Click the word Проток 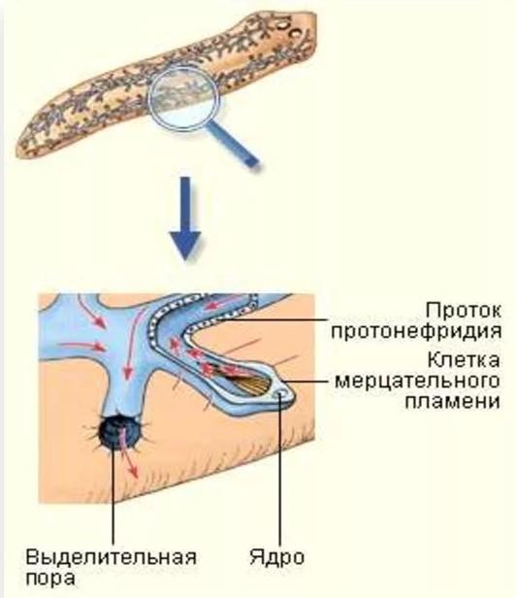pos(464,311)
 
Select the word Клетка pos(464,359)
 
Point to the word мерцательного pos(417,382)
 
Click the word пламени pos(452,402)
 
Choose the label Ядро pos(277,558)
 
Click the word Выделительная pos(111,557)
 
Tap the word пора pos(49,579)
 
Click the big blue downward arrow pos(185,218)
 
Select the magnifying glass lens pos(183,98)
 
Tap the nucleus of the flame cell pos(281,394)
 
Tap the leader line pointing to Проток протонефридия pos(272,319)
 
